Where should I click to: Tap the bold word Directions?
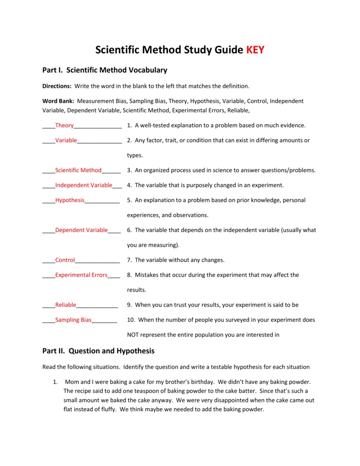[x=57, y=86]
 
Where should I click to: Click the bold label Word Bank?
[x=59, y=101]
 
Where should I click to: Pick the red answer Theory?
[x=64, y=126]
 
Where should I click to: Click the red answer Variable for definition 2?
[x=66, y=141]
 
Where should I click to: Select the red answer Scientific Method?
[x=78, y=170]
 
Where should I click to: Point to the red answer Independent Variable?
[x=84, y=185]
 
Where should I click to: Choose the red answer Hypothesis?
[x=70, y=200]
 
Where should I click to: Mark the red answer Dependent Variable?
[x=81, y=230]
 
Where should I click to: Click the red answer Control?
[x=65, y=260]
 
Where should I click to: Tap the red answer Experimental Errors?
[x=81, y=275]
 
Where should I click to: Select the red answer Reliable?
[x=66, y=305]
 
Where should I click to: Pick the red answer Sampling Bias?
[x=73, y=320]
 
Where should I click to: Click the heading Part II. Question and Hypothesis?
[x=98, y=351]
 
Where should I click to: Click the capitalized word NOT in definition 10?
[x=133, y=335]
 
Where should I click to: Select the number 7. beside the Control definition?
[x=130, y=260]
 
